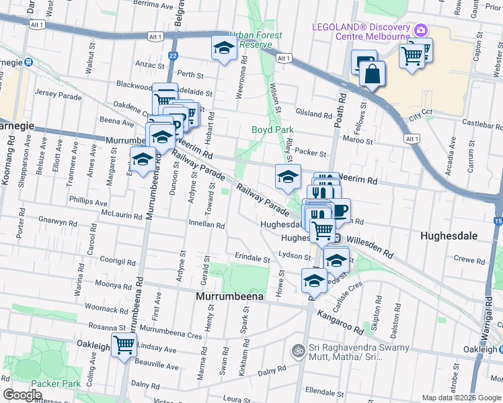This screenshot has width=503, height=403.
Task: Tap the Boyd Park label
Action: pos(268,129)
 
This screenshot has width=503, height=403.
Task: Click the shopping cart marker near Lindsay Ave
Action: pos(124,346)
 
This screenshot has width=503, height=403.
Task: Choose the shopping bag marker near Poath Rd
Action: pos(372,73)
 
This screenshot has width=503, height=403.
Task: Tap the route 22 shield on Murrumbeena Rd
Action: pos(173,56)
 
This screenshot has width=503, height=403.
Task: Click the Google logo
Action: pos(23,394)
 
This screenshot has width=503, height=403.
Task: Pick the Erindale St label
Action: pos(252,257)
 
